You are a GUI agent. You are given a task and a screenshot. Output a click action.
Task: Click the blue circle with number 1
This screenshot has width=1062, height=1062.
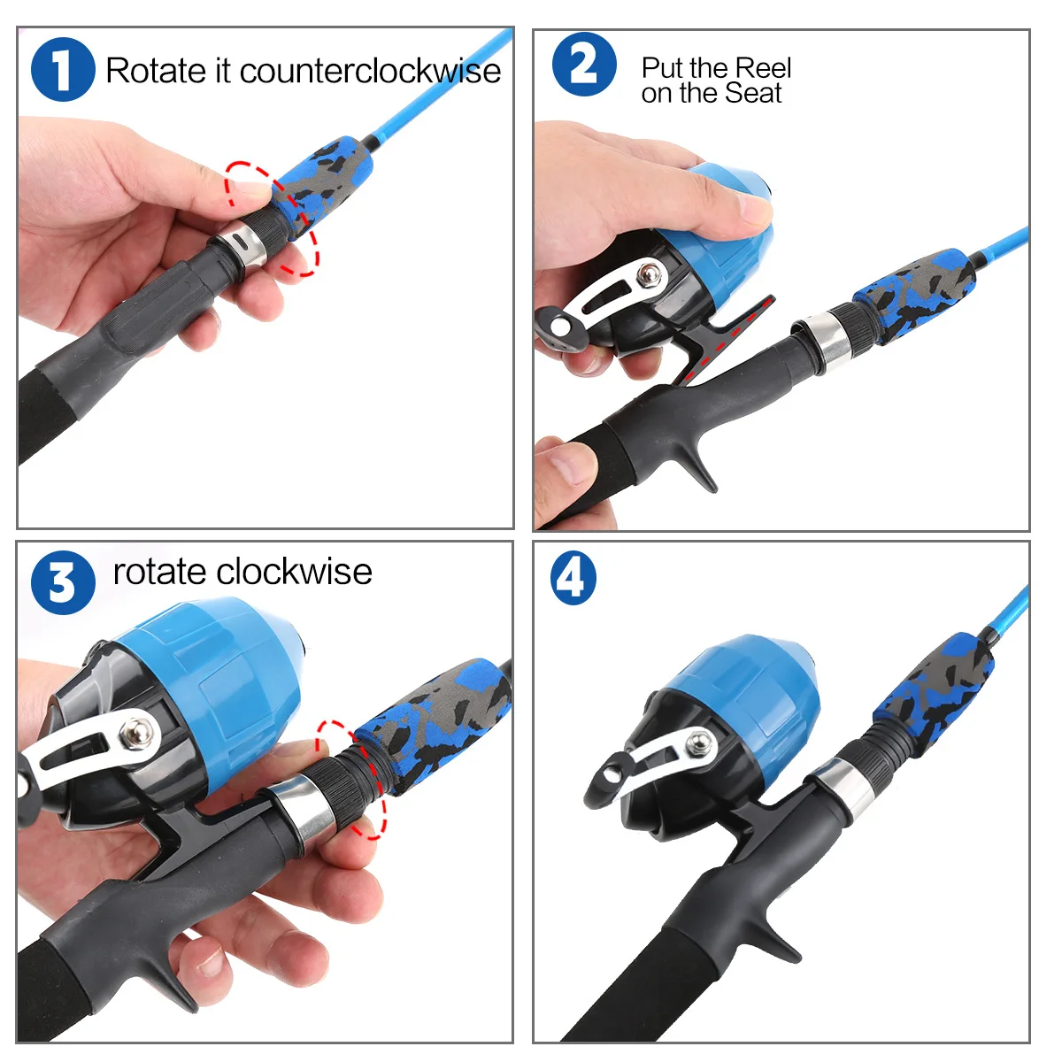tap(63, 69)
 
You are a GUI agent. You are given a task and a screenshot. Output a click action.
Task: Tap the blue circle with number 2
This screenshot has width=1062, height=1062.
tap(584, 65)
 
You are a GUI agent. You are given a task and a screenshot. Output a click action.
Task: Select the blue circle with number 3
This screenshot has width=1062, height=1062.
tap(63, 582)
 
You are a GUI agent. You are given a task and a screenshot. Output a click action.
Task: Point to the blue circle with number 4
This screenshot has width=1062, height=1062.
tap(573, 578)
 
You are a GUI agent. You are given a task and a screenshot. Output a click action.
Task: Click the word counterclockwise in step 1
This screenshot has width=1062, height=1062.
tap(370, 72)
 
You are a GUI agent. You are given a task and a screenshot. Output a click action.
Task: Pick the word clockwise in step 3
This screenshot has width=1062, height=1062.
tap(294, 572)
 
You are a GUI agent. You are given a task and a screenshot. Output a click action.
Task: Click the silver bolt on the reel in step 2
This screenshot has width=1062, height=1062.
tap(650, 273)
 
